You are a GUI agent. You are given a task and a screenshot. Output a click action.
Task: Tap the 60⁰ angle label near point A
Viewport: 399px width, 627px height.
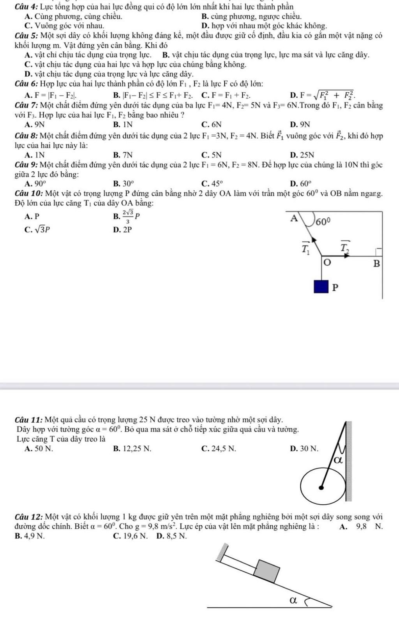pyautogui.click(x=323, y=222)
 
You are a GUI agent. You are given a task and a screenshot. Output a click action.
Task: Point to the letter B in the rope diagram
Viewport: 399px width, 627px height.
pyautogui.click(x=376, y=264)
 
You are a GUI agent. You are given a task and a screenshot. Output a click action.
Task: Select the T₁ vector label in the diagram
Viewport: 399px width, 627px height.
pyautogui.click(x=305, y=247)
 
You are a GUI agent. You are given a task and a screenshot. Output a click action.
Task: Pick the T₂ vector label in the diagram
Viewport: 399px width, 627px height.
pyautogui.click(x=344, y=247)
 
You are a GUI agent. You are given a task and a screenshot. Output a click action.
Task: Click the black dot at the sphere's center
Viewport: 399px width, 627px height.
pyautogui.click(x=321, y=487)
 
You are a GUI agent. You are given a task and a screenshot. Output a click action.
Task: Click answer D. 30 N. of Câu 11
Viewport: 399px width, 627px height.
pyautogui.click(x=304, y=448)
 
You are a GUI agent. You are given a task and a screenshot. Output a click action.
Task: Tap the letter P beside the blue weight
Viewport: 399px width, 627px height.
pyautogui.click(x=335, y=288)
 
